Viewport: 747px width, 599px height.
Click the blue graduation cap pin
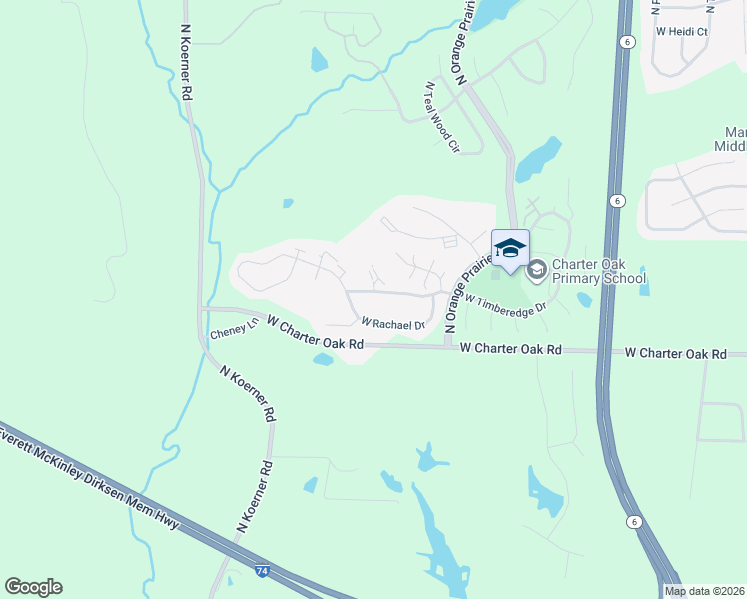click(x=510, y=248)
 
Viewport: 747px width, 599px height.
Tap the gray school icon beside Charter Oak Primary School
click(x=536, y=268)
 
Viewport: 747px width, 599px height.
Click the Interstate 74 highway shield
click(x=262, y=570)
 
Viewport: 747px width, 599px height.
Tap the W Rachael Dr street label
click(x=392, y=323)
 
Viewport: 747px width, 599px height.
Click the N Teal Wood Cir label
click(x=441, y=117)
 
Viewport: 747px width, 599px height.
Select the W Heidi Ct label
click(x=681, y=32)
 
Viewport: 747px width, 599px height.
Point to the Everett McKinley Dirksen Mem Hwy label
click(x=90, y=482)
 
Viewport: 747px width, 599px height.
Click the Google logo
click(x=33, y=587)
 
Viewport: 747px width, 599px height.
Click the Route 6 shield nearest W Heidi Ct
click(x=626, y=41)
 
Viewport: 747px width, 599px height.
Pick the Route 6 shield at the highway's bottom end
click(x=633, y=521)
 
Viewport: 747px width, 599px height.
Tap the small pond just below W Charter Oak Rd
click(x=323, y=359)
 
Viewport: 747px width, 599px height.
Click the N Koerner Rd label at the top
click(x=187, y=62)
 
